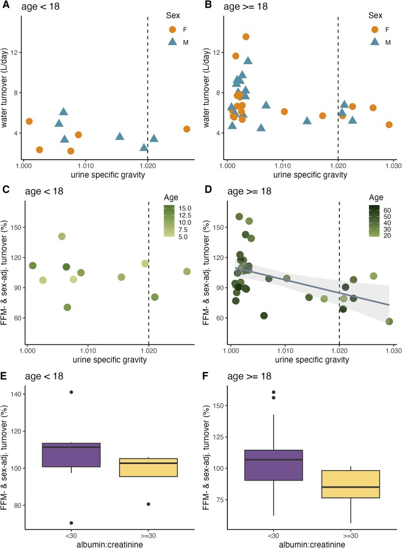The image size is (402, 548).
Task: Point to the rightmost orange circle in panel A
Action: (x=187, y=129)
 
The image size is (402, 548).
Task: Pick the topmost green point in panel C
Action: (x=62, y=236)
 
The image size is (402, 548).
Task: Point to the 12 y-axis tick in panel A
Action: (x=15, y=53)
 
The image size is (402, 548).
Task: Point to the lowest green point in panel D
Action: (x=389, y=321)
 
